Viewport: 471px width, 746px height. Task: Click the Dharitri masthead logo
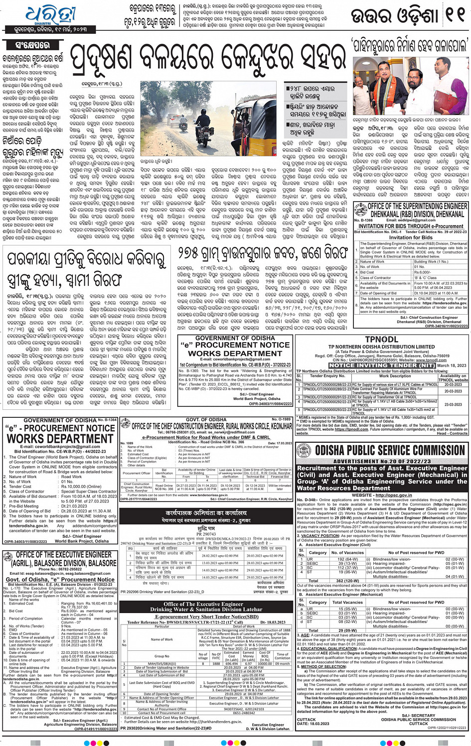click(x=49, y=15)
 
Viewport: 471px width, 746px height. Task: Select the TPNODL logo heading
click(x=381, y=339)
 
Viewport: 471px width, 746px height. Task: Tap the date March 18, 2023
click(x=452, y=366)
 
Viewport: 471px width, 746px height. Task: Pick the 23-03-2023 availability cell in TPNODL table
click(x=453, y=404)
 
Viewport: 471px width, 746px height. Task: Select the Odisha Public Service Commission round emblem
click(x=304, y=451)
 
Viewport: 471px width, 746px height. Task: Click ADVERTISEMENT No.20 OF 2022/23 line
click(x=381, y=462)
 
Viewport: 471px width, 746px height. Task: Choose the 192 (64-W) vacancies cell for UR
click(x=347, y=559)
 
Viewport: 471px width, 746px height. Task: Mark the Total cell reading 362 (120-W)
click(x=347, y=580)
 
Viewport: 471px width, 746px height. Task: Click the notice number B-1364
click(x=110, y=420)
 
